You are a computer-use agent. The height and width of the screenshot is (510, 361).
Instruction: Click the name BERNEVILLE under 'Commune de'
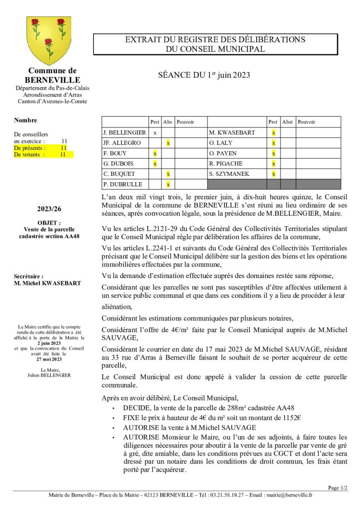click(52, 80)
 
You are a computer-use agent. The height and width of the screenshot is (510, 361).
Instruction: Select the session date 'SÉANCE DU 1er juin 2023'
click(204, 75)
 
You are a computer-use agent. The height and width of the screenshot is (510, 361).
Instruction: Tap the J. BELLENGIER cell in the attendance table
click(125, 133)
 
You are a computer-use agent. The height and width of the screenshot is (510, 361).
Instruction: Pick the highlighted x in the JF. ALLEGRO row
click(169, 143)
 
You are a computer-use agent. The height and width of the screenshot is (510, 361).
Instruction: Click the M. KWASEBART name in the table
click(232, 133)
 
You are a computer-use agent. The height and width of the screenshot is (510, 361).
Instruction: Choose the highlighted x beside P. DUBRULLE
click(169, 184)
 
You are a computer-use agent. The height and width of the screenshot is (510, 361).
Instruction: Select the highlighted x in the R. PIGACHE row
click(273, 163)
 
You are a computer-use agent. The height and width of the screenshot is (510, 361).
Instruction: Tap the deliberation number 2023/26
click(49, 209)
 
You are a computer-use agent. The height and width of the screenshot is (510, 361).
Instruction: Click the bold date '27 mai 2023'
click(49, 359)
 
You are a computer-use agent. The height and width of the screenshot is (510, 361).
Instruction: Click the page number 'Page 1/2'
click(338, 488)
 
